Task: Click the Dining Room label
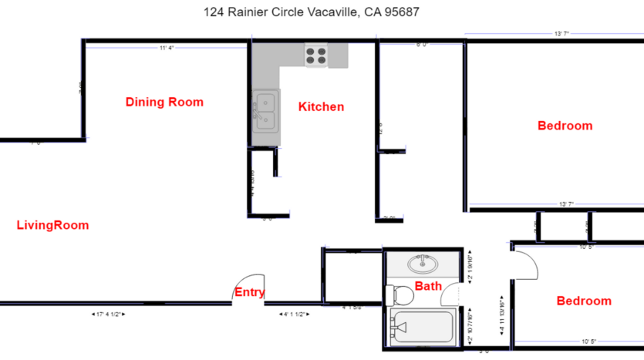[x=164, y=102]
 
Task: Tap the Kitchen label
[x=321, y=107]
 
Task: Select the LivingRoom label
[x=52, y=226]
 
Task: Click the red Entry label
[x=249, y=292]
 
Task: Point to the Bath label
[x=428, y=286]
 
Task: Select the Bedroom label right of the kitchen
[x=565, y=126]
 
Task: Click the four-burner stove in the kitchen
[x=317, y=56]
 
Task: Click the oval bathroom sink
[x=422, y=264]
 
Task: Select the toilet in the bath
[x=400, y=294]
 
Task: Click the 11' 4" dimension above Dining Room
[x=167, y=48]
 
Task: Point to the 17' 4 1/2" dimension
[x=108, y=315]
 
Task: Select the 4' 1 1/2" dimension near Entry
[x=292, y=315]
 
